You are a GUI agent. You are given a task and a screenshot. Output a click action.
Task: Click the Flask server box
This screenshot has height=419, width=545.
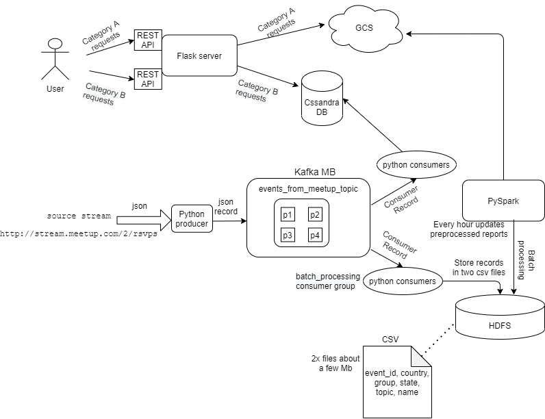coord(199,55)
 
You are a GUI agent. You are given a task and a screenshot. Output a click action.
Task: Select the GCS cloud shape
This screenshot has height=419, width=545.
coord(364,28)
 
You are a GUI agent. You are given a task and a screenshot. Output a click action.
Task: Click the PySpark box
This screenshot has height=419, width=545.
coord(503,201)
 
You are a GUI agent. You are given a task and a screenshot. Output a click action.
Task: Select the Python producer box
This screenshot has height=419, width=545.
coord(192,219)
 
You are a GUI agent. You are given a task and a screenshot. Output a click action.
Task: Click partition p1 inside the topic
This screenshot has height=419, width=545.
coord(288,215)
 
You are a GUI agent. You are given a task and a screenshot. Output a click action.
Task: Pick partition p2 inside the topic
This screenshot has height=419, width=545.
coord(314,215)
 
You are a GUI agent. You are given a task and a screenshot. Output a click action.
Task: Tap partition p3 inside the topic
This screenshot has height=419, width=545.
coord(288,236)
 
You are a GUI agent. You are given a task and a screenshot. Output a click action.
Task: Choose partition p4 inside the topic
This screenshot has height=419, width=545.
coord(314,236)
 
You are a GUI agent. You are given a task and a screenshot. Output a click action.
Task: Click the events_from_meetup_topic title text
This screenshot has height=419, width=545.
coord(307,188)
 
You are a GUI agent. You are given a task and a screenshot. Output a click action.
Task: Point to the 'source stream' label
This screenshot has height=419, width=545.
coord(79,216)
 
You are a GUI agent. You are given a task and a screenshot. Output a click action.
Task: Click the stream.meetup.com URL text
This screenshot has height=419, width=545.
coord(79,233)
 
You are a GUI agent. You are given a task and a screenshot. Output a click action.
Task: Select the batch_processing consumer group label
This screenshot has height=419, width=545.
coord(326,281)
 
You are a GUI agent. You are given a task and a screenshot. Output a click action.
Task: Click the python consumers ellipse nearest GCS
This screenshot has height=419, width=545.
coord(416,165)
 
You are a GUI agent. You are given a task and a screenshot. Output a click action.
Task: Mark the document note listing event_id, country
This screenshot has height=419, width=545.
coord(397,382)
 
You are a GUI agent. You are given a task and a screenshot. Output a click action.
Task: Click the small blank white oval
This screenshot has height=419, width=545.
coord(55,44)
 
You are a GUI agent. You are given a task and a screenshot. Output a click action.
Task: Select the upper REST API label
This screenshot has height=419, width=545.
coord(147,40)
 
